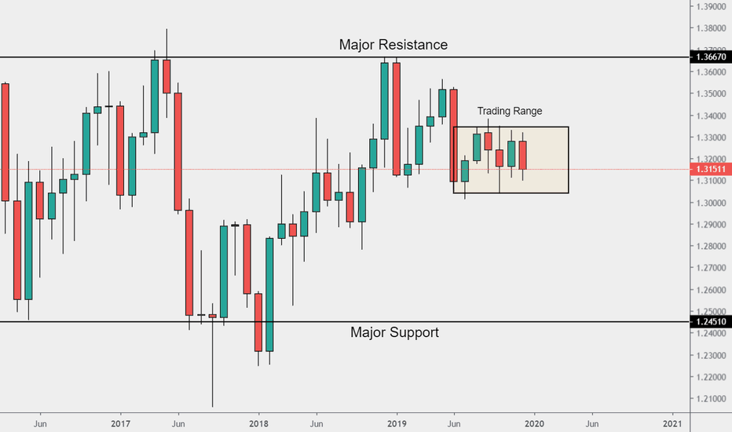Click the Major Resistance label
coord(393,45)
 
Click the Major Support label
coord(394,332)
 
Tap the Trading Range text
coord(509,112)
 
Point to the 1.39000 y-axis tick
coord(709,6)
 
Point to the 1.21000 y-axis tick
coord(709,399)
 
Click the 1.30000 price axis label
coord(709,203)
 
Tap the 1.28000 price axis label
coord(709,247)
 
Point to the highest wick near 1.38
coord(167,35)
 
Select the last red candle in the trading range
coord(523,155)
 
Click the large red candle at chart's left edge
coord(5,141)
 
